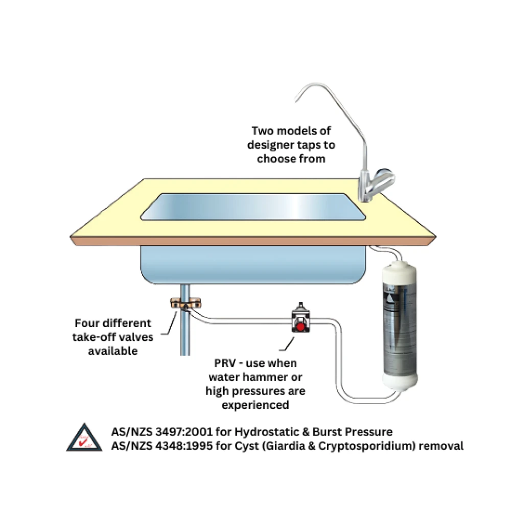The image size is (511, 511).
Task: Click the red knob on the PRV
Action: pos(301,326)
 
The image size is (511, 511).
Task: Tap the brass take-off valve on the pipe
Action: pos(183,305)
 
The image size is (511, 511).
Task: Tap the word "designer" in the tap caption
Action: pos(271,145)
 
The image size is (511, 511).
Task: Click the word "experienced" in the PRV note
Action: pos(255,405)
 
